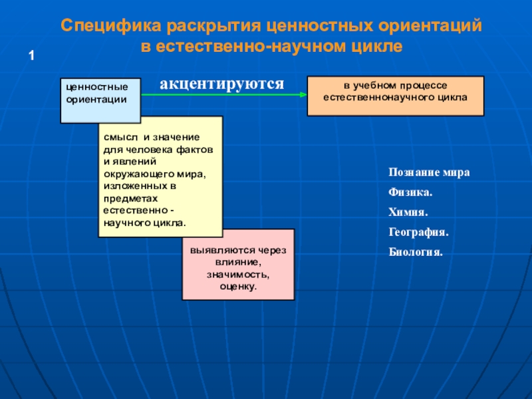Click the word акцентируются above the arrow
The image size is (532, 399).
coord(221,84)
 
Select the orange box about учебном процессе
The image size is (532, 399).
coord(395,96)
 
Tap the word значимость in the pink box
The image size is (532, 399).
coord(237,274)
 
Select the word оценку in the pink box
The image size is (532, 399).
coord(238,286)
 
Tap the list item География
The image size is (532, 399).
coord(418,233)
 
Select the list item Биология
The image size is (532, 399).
coord(415,253)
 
